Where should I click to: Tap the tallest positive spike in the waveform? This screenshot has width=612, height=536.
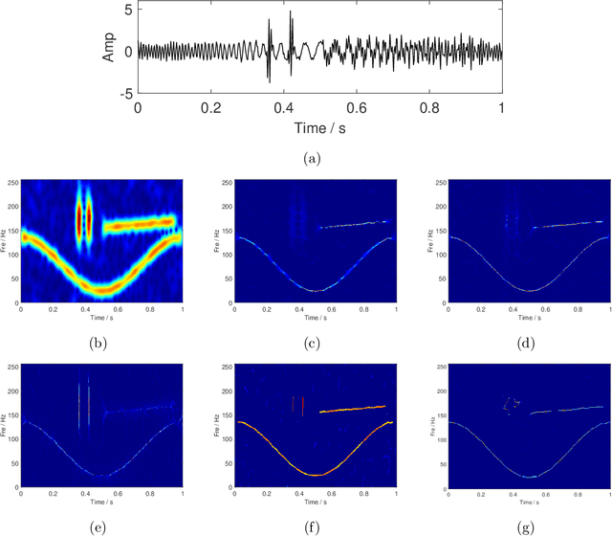(x=291, y=11)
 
